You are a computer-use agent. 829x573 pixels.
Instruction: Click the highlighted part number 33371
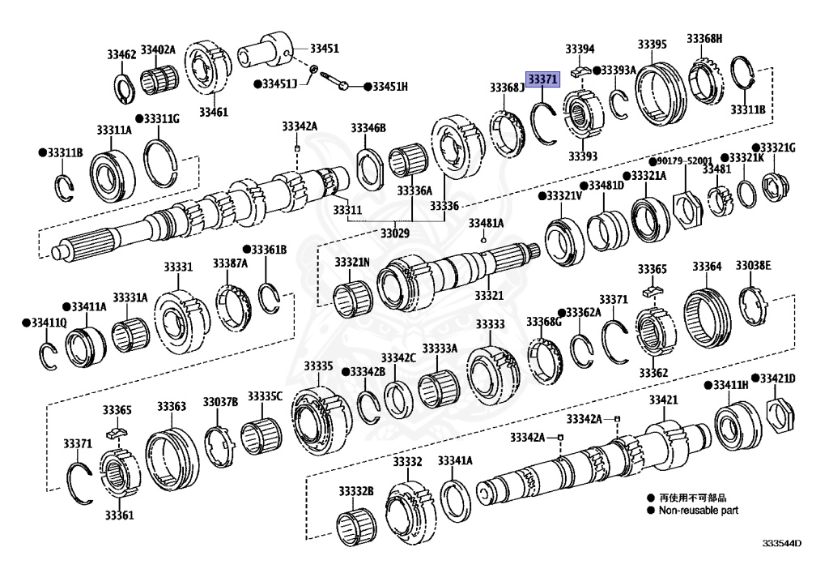(542, 78)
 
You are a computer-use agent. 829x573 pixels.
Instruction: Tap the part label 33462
(121, 54)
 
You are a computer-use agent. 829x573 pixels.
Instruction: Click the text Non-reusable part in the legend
(698, 511)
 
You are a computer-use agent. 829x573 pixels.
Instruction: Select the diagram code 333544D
(781, 543)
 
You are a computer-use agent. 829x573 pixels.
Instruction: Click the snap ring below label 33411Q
(49, 354)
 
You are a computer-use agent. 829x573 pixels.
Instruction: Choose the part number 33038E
(753, 266)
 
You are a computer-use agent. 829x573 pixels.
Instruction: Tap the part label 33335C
(265, 396)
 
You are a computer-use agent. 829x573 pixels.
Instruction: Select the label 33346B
(368, 128)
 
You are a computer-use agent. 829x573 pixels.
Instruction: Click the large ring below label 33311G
(166, 160)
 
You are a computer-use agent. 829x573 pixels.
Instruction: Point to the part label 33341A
(455, 461)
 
